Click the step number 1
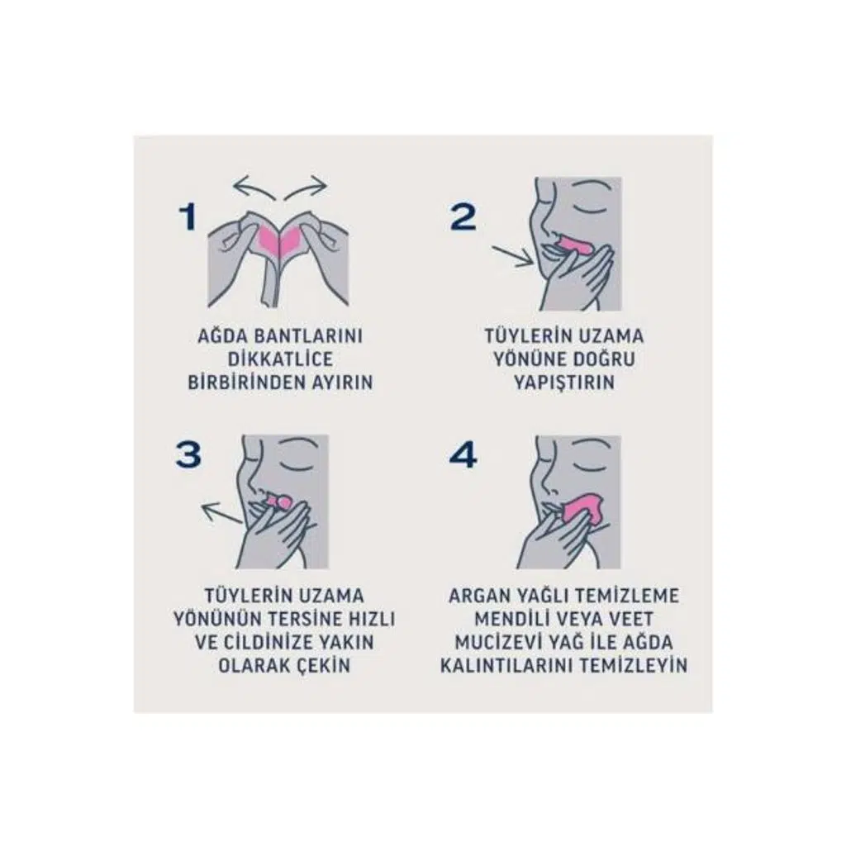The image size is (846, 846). pos(188,218)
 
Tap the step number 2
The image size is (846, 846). pos(463,217)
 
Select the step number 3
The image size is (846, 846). pos(188,455)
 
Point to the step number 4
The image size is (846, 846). pos(463,455)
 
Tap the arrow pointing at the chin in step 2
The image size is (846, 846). pos(512,255)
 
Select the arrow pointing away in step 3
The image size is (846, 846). pos(221,512)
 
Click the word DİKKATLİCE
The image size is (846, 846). pos(280,359)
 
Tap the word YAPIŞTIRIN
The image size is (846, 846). pos(563,383)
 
